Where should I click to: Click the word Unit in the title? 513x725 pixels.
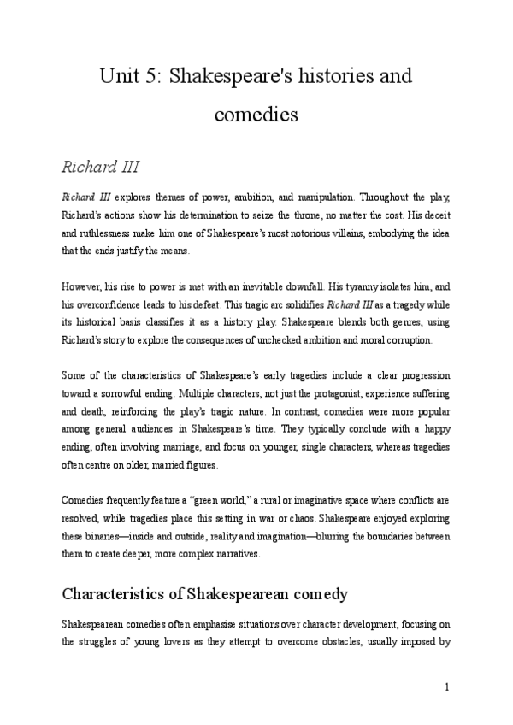[120, 75]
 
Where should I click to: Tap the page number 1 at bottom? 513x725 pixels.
[447, 686]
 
